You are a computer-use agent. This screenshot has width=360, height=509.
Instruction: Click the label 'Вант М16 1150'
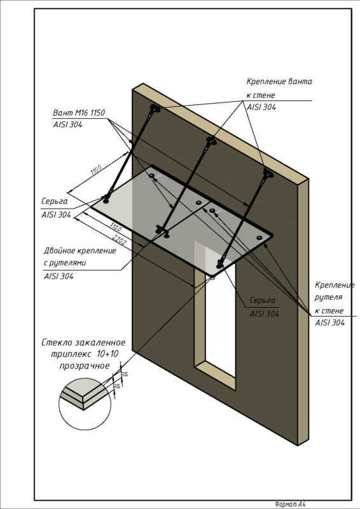[79, 113]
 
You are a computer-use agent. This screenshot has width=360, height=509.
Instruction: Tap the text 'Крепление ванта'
[279, 81]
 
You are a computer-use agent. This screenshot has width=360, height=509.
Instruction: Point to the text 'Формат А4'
[290, 504]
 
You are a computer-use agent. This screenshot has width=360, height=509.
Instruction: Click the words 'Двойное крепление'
[80, 251]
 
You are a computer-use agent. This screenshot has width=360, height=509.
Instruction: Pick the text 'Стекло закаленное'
[83, 342]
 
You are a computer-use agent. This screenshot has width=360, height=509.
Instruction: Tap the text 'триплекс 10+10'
[85, 354]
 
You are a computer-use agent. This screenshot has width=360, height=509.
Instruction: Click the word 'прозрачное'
[85, 366]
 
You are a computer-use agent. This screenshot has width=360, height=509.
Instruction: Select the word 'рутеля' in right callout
[328, 297]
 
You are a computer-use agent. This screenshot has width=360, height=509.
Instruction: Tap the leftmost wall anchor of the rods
[155, 108]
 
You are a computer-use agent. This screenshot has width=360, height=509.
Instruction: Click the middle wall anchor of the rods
[211, 141]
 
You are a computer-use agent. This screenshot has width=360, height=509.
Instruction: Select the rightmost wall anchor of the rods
[268, 173]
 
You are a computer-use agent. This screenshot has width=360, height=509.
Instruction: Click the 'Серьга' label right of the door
[262, 300]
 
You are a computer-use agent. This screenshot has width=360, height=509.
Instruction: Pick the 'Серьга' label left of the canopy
[55, 201]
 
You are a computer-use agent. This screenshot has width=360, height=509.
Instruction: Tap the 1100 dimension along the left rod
[97, 170]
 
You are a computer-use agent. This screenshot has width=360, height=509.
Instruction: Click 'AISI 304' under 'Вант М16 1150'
[67, 124]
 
